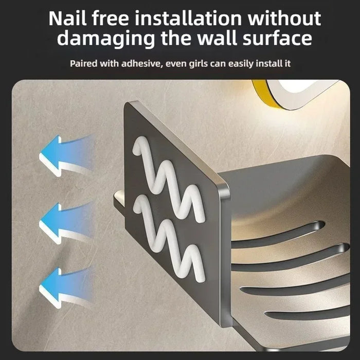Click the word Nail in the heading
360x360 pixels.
point(67,19)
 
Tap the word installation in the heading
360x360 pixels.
point(188,19)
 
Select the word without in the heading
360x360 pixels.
point(284,19)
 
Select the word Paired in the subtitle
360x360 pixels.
point(83,63)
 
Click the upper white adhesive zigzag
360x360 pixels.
point(169,179)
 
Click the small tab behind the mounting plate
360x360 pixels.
point(119,200)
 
